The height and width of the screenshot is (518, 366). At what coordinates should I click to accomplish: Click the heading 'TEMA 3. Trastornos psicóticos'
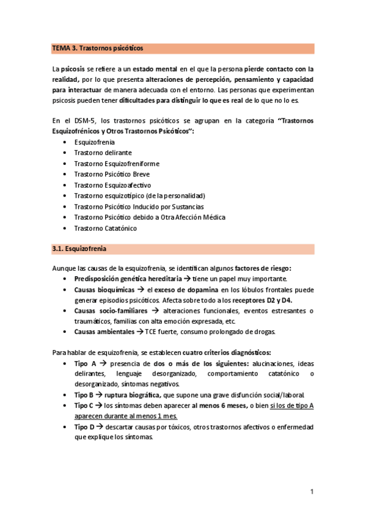(98, 48)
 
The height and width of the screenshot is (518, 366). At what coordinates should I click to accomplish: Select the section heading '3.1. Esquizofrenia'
(81, 249)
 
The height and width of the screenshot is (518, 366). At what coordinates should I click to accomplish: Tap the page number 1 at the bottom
(312, 491)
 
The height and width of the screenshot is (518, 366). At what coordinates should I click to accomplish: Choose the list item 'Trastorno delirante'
(103, 153)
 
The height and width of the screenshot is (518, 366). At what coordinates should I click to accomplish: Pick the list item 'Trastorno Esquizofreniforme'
(117, 164)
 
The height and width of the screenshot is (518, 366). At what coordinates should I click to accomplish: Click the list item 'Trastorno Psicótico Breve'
(112, 174)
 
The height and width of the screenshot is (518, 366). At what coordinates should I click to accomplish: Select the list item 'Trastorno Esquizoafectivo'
(112, 185)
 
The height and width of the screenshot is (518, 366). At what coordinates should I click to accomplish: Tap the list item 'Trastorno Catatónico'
(105, 228)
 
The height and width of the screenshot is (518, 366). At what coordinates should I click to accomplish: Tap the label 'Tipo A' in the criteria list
(85, 363)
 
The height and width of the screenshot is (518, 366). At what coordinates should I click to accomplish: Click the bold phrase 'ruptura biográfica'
(133, 395)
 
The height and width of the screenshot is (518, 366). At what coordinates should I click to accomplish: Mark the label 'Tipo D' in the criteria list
(85, 426)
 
